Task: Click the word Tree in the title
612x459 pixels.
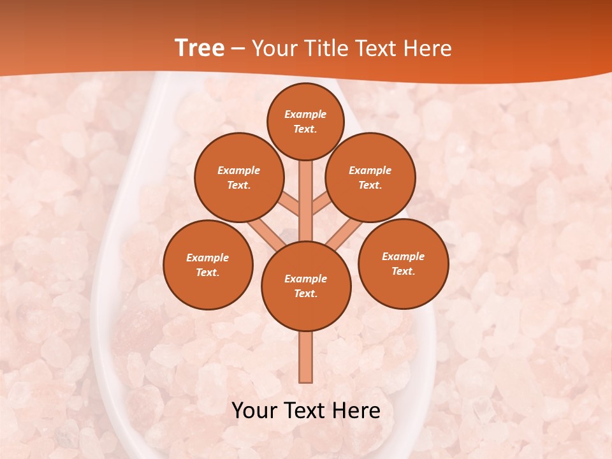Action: coord(200,48)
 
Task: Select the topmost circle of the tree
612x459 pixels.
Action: coord(305,121)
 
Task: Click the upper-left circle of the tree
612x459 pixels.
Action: coord(239,177)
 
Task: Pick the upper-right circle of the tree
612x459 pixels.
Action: coord(370,177)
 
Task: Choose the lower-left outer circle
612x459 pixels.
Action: coord(208,265)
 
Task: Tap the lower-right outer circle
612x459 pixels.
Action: coord(404,263)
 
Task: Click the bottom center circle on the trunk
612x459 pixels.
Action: coord(306,286)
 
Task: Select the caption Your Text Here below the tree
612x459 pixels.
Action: coord(306,411)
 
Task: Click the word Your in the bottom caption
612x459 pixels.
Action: coord(254,411)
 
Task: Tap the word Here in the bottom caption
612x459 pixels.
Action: coord(356,411)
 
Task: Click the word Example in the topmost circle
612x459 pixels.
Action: coord(305,114)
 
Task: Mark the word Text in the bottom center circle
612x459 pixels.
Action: coord(305,293)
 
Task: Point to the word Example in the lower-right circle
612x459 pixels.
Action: coord(404,256)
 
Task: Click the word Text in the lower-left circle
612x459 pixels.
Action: coord(207,272)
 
